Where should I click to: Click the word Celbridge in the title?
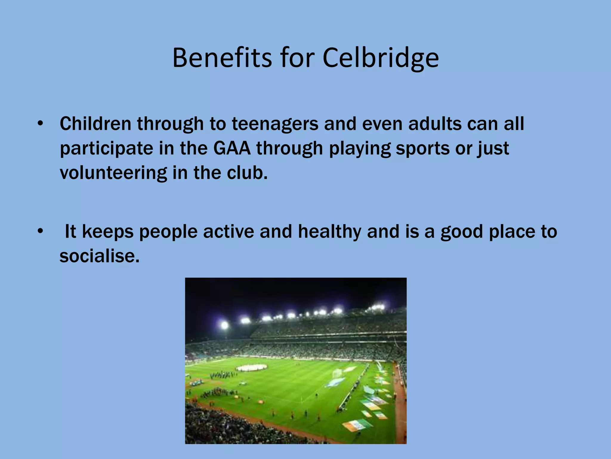(380, 58)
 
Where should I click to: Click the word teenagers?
(275, 124)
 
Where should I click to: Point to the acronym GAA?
(232, 148)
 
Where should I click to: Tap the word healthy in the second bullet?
(329, 232)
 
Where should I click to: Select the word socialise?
(99, 256)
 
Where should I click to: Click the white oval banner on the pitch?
(251, 367)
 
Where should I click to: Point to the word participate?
(106, 149)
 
